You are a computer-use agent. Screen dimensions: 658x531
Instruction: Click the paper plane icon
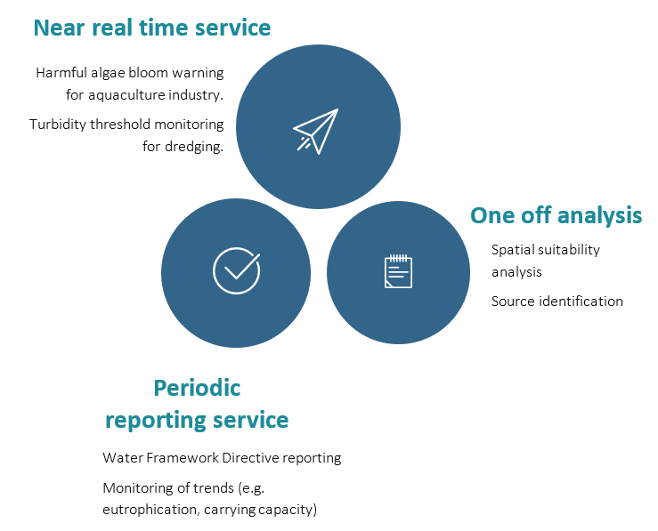(x=316, y=131)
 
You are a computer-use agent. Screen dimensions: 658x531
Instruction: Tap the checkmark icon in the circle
(x=236, y=270)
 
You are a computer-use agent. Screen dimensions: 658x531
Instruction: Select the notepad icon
(x=398, y=271)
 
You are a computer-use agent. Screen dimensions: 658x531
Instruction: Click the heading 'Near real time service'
(x=152, y=28)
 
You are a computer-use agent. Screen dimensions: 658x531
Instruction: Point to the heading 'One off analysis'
(x=556, y=215)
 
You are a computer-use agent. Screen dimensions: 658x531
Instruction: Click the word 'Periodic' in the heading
(x=197, y=388)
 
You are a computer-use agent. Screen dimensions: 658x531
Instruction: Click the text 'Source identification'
(x=557, y=301)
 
